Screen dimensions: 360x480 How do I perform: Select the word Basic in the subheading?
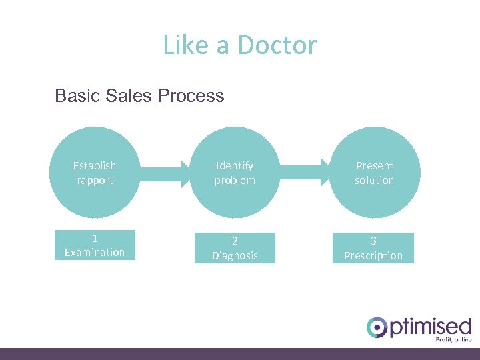77,96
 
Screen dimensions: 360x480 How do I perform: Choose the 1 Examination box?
94,245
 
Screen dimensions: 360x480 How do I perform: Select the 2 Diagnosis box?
234,248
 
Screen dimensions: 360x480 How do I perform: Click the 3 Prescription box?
373,248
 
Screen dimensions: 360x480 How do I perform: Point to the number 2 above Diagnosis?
235,241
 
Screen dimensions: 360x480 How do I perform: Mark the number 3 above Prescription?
374,241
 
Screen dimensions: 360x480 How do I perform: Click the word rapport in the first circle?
94,180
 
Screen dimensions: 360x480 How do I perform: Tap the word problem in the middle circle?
234,180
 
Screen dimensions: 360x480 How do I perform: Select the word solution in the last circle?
374,180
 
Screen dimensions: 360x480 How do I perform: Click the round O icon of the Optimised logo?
377,327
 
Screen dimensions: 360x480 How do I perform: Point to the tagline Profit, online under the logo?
453,339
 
